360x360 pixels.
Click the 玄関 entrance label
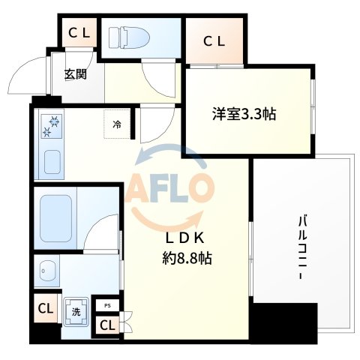coord(74,74)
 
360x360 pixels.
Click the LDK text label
coord(185,238)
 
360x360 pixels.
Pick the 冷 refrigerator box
coord(116,125)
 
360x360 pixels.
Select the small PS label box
coord(107,305)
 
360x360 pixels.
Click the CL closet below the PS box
coord(107,325)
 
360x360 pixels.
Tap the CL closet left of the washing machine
coord(45,307)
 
